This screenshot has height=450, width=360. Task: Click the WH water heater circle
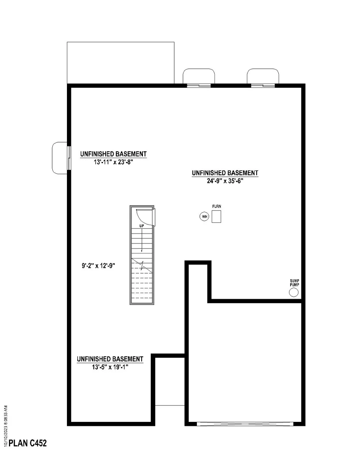[204, 216]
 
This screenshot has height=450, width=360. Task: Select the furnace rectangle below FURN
[216, 217]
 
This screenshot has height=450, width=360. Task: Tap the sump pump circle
[294, 293]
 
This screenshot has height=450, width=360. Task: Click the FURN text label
[216, 206]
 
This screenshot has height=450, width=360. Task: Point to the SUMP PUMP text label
[294, 283]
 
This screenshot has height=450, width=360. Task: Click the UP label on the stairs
[142, 226]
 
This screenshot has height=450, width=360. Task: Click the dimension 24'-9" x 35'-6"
[225, 181]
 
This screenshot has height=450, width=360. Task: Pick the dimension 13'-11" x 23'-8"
[113, 162]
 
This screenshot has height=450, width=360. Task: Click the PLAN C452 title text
[27, 443]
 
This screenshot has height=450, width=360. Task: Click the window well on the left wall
[60, 158]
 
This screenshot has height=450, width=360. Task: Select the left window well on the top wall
[199, 77]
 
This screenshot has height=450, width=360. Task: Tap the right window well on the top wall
[263, 77]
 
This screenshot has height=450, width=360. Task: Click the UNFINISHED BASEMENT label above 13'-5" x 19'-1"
[110, 359]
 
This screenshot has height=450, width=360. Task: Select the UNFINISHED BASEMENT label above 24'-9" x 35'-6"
[225, 173]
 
